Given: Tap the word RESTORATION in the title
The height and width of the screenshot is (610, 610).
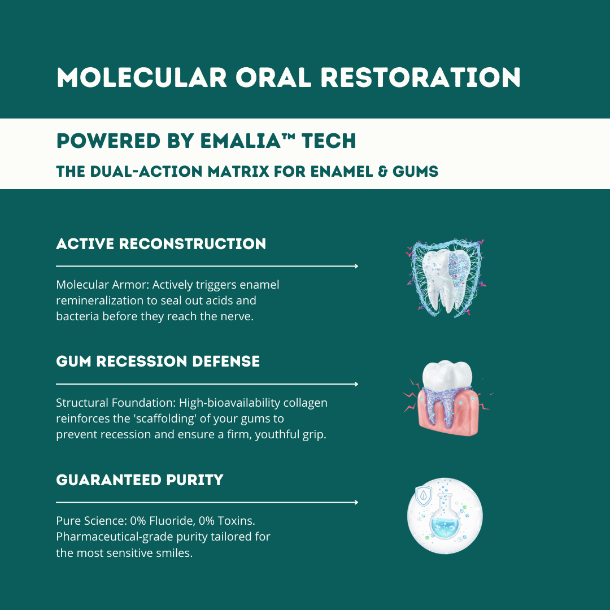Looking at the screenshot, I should (x=420, y=77).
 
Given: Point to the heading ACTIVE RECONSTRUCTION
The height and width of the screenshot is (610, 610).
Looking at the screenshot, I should (x=161, y=244).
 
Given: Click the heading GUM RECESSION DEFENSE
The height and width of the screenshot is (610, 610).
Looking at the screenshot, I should (x=158, y=361).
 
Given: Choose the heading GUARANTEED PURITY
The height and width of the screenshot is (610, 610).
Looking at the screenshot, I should (x=140, y=480).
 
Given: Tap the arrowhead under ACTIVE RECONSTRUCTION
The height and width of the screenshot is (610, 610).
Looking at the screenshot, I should (x=355, y=266).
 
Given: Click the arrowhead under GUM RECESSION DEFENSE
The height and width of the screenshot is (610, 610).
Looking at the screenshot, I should (x=355, y=384).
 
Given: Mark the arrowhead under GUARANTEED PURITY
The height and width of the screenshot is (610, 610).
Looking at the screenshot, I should (x=355, y=502).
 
